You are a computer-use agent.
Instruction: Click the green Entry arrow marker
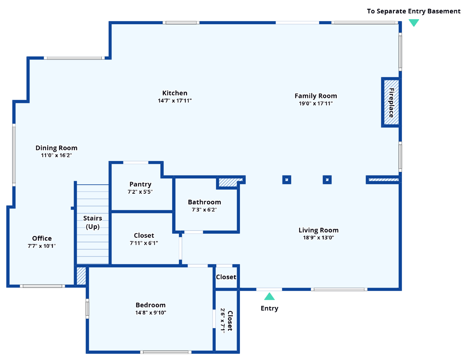[269, 296]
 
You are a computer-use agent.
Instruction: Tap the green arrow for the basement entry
[414, 23]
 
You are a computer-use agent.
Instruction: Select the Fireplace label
[391, 103]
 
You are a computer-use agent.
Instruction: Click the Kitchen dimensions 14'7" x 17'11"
[175, 101]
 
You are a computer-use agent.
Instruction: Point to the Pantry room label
[140, 184]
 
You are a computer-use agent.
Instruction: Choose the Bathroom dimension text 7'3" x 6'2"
[204, 210]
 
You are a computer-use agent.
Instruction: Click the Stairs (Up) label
[93, 222]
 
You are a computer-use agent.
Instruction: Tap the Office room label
[42, 238]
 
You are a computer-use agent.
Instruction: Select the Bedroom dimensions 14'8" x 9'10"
[151, 312]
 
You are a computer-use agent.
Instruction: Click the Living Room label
[318, 230]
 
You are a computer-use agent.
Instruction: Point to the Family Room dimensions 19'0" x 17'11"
[316, 103]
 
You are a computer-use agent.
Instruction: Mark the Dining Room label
[56, 148]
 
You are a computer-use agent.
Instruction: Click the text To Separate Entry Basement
[414, 11]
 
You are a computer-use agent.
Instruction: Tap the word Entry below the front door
[269, 308]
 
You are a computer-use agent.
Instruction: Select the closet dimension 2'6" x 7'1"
[223, 321]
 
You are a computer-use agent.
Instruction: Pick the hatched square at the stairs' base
[81, 276]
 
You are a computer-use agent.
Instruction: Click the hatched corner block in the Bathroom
[228, 182]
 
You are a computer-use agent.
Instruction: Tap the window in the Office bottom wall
[42, 286]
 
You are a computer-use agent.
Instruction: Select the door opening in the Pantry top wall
[136, 162]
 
